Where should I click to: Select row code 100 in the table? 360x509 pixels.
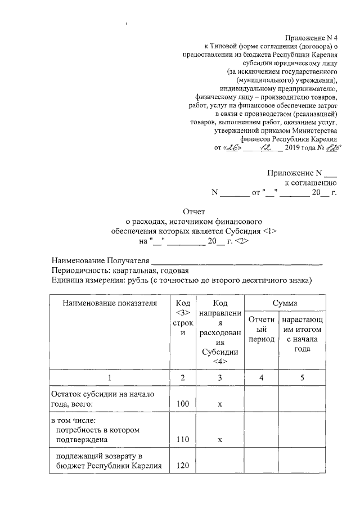click(x=181, y=403)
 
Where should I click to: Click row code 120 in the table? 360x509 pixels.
click(x=181, y=465)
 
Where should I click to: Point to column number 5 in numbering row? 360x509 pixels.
click(x=303, y=377)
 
